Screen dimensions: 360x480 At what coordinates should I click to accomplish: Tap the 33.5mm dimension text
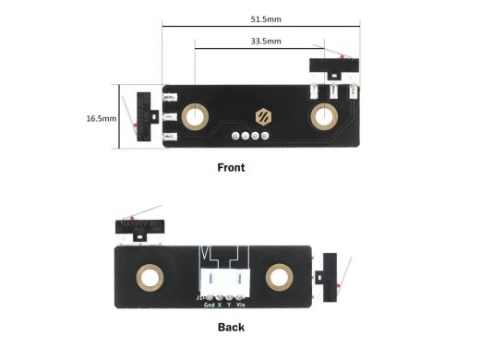click(265, 42)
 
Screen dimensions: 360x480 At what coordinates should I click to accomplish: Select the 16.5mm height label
click(102, 118)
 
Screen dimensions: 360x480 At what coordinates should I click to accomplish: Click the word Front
click(231, 168)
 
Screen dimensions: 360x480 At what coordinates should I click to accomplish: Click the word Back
click(231, 327)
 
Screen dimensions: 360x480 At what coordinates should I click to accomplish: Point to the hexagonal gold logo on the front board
click(263, 117)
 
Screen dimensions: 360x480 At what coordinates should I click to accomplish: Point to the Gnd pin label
click(209, 304)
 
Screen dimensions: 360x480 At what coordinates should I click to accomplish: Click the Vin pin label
click(241, 304)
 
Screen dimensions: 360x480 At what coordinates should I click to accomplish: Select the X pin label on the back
click(220, 304)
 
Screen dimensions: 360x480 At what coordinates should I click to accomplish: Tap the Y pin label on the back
click(229, 304)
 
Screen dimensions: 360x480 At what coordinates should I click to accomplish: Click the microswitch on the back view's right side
click(329, 277)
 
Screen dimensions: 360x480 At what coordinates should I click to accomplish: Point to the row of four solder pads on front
click(251, 137)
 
